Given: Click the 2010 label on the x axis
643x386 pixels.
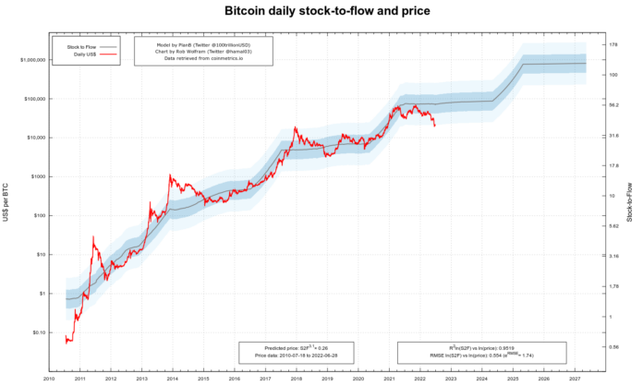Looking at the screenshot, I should point(48,378).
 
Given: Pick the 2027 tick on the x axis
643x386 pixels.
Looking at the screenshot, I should point(575,378).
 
